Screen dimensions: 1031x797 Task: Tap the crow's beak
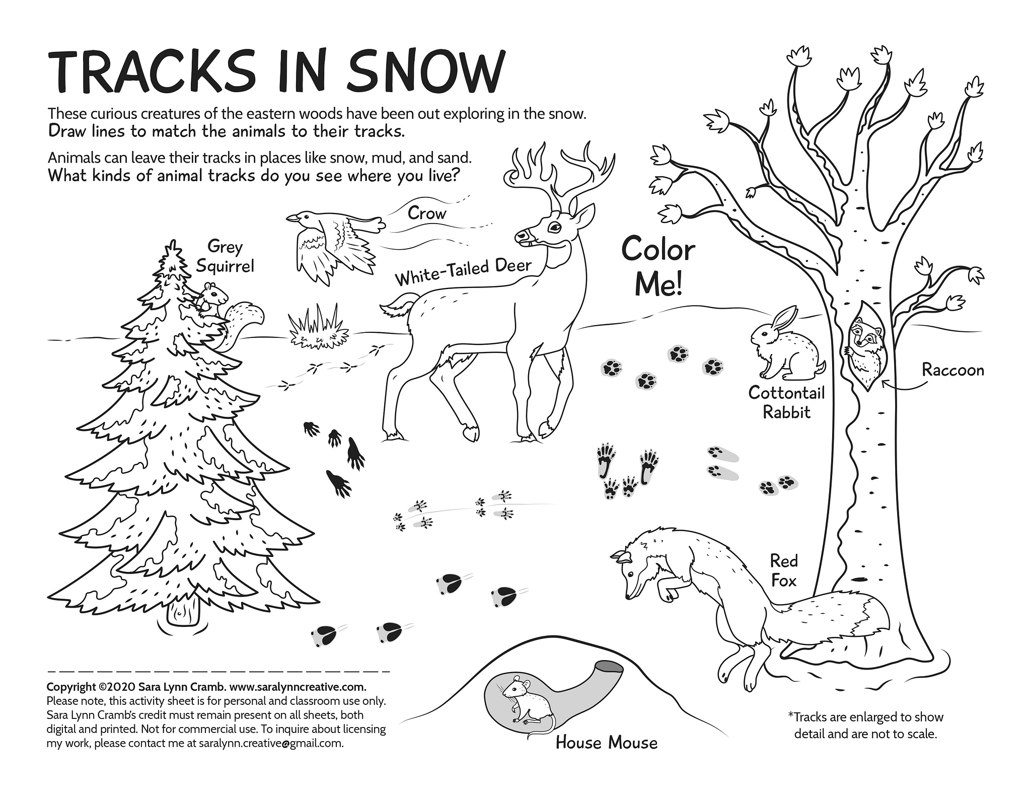click(x=291, y=219)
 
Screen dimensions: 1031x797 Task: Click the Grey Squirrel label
click(x=225, y=256)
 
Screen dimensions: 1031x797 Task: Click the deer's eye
click(x=554, y=228)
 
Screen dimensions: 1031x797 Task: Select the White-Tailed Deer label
click(x=463, y=271)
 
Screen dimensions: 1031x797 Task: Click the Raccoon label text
click(x=952, y=370)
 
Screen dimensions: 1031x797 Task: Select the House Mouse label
click(x=606, y=743)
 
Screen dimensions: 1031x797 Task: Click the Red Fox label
click(x=784, y=570)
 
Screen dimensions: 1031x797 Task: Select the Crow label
click(x=427, y=213)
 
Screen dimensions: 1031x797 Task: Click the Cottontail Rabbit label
click(x=787, y=402)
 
